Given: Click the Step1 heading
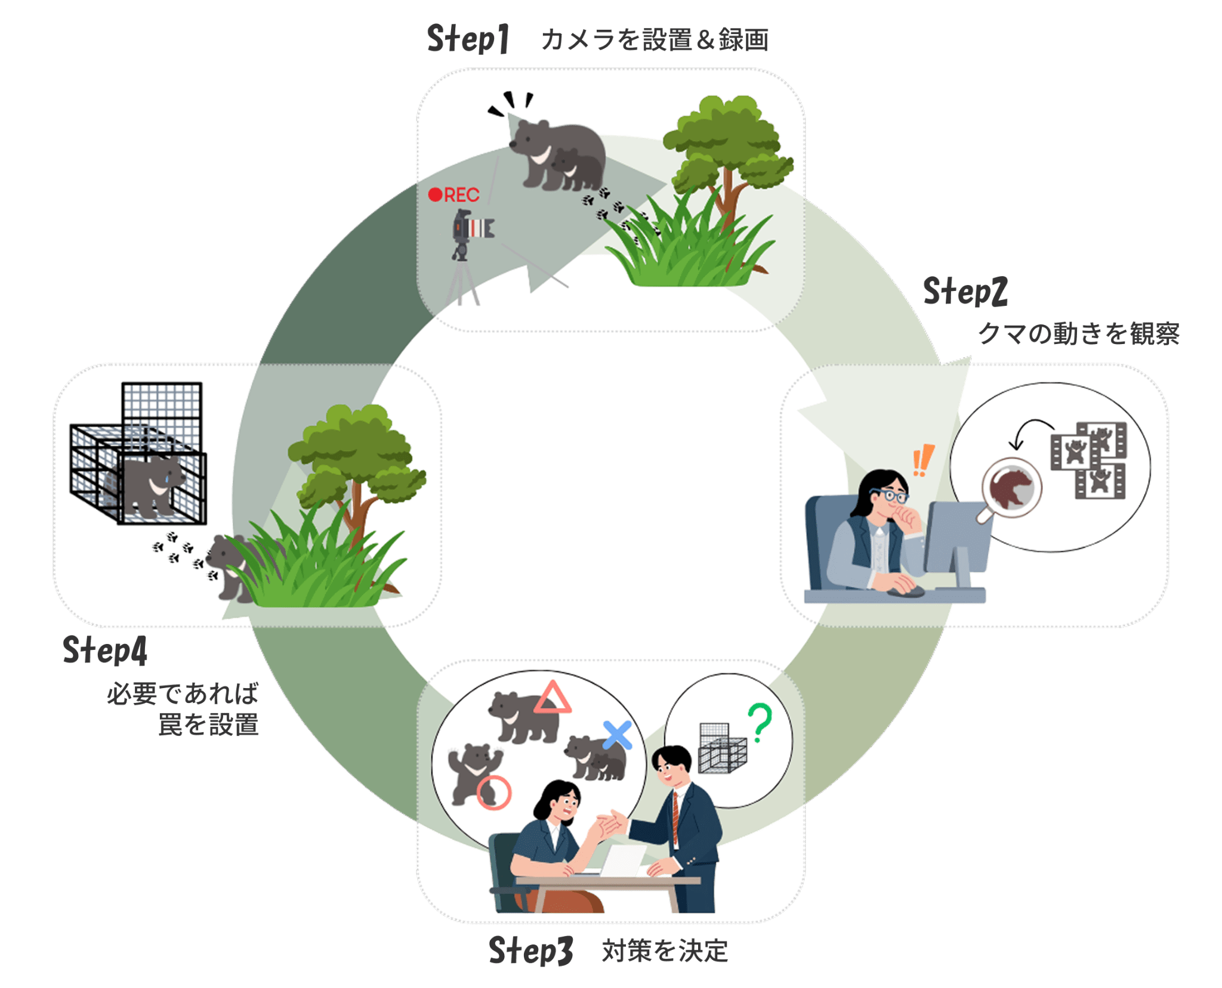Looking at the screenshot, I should pyautogui.click(x=468, y=39).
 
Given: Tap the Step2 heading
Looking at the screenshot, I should pyautogui.click(x=965, y=292).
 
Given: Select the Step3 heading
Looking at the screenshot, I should pyautogui.click(x=530, y=950).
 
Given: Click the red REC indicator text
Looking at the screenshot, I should pyautogui.click(x=455, y=195).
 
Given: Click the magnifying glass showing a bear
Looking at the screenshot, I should pyautogui.click(x=1011, y=487).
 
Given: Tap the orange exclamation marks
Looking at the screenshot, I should pyautogui.click(x=922, y=460).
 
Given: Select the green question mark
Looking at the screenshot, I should pyautogui.click(x=760, y=722).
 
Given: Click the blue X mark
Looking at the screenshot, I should pyautogui.click(x=617, y=735).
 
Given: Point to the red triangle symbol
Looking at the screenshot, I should pyautogui.click(x=552, y=698).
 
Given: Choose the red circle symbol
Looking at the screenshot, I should pyautogui.click(x=494, y=792).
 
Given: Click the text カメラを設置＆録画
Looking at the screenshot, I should pyautogui.click(x=655, y=40).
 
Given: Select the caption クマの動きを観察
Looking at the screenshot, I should pyautogui.click(x=1079, y=333).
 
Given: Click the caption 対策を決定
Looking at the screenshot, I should pyautogui.click(x=665, y=950).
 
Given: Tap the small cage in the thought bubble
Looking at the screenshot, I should pyautogui.click(x=721, y=749).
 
